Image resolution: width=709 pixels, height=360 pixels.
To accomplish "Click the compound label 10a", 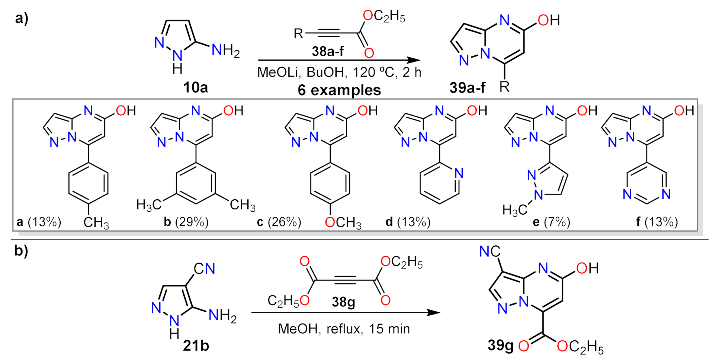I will tap(195, 87).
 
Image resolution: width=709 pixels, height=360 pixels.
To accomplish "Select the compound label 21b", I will tap(196, 346).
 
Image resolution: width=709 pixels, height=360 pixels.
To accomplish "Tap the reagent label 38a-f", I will tap(328, 51).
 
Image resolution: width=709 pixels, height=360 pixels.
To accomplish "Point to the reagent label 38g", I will tap(343, 301).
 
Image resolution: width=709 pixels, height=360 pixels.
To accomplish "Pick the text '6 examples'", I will tap(339, 90).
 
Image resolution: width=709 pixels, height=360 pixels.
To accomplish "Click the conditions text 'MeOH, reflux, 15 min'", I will tap(344, 329).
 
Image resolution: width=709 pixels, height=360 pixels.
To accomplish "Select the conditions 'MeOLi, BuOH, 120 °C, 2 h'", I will tap(339, 72).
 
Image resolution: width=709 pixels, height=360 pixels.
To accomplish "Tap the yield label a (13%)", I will tap(39, 222).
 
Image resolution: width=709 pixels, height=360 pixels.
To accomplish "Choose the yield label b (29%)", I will tap(186, 222).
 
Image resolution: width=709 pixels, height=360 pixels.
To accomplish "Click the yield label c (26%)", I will tap(279, 222).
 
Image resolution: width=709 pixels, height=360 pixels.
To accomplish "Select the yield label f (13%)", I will tap(657, 222).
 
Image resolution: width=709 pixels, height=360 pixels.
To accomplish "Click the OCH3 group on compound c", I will tap(343, 222).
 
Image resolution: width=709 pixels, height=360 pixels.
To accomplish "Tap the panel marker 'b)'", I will tap(21, 251).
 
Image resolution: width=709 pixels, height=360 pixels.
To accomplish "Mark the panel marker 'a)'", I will tap(22, 18).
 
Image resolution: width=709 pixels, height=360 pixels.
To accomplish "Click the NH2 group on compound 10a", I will tap(225, 50).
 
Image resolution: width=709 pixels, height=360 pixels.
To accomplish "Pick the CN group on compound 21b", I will tap(205, 269).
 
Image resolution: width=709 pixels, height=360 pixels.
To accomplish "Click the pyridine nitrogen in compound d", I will tap(459, 173).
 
